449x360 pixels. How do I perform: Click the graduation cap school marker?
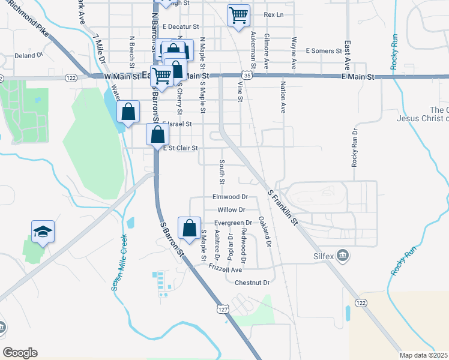pos(43,231)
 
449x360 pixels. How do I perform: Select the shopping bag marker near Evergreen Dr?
pos(190,228)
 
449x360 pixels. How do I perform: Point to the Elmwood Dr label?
pos(230,197)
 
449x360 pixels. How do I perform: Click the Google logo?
pos(20,352)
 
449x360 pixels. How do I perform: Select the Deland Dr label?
pos(28,55)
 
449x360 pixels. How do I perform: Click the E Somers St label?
pos(323,51)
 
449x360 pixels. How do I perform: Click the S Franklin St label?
pos(283,207)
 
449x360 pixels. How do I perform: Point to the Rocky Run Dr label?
pos(355,147)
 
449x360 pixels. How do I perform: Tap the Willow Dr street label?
pos(231,209)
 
